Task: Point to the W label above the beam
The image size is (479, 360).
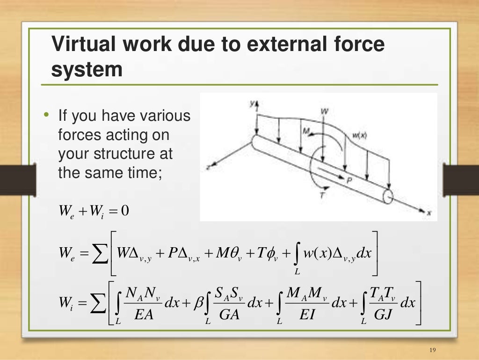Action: (x=324, y=111)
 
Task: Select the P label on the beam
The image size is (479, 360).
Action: (x=348, y=179)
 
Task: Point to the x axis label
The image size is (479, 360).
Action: (x=429, y=213)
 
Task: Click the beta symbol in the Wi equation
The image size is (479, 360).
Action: (x=198, y=303)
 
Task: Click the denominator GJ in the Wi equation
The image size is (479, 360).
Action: (x=383, y=314)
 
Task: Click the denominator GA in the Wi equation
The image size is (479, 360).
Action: (x=229, y=314)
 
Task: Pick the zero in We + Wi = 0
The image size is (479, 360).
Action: (x=124, y=211)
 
